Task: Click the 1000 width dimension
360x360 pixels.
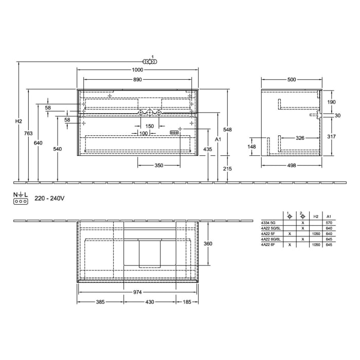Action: [x=137, y=70]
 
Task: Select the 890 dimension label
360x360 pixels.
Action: [x=137, y=80]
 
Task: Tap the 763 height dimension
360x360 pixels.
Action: [x=28, y=134]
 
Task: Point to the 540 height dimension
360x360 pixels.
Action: [x=57, y=149]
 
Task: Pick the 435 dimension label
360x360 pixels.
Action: [x=208, y=149]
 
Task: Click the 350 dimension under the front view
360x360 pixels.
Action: [x=158, y=166]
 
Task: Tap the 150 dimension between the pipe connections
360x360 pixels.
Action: [x=149, y=126]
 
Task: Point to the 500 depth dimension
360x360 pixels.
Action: [x=292, y=80]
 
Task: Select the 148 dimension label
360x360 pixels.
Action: [x=252, y=147]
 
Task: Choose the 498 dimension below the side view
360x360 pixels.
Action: [x=292, y=166]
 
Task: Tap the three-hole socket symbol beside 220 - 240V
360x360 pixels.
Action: [x=20, y=202]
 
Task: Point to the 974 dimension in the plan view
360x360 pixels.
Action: [x=137, y=292]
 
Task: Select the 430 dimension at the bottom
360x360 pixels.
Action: [x=149, y=302]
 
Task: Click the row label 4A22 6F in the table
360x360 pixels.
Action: [x=268, y=245]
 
